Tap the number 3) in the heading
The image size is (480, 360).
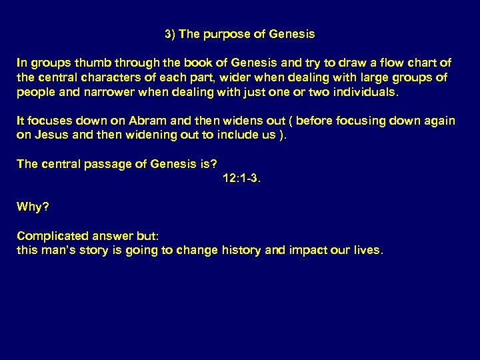(170, 33)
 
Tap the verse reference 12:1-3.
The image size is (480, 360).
(241, 178)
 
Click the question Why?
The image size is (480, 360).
(33, 207)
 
